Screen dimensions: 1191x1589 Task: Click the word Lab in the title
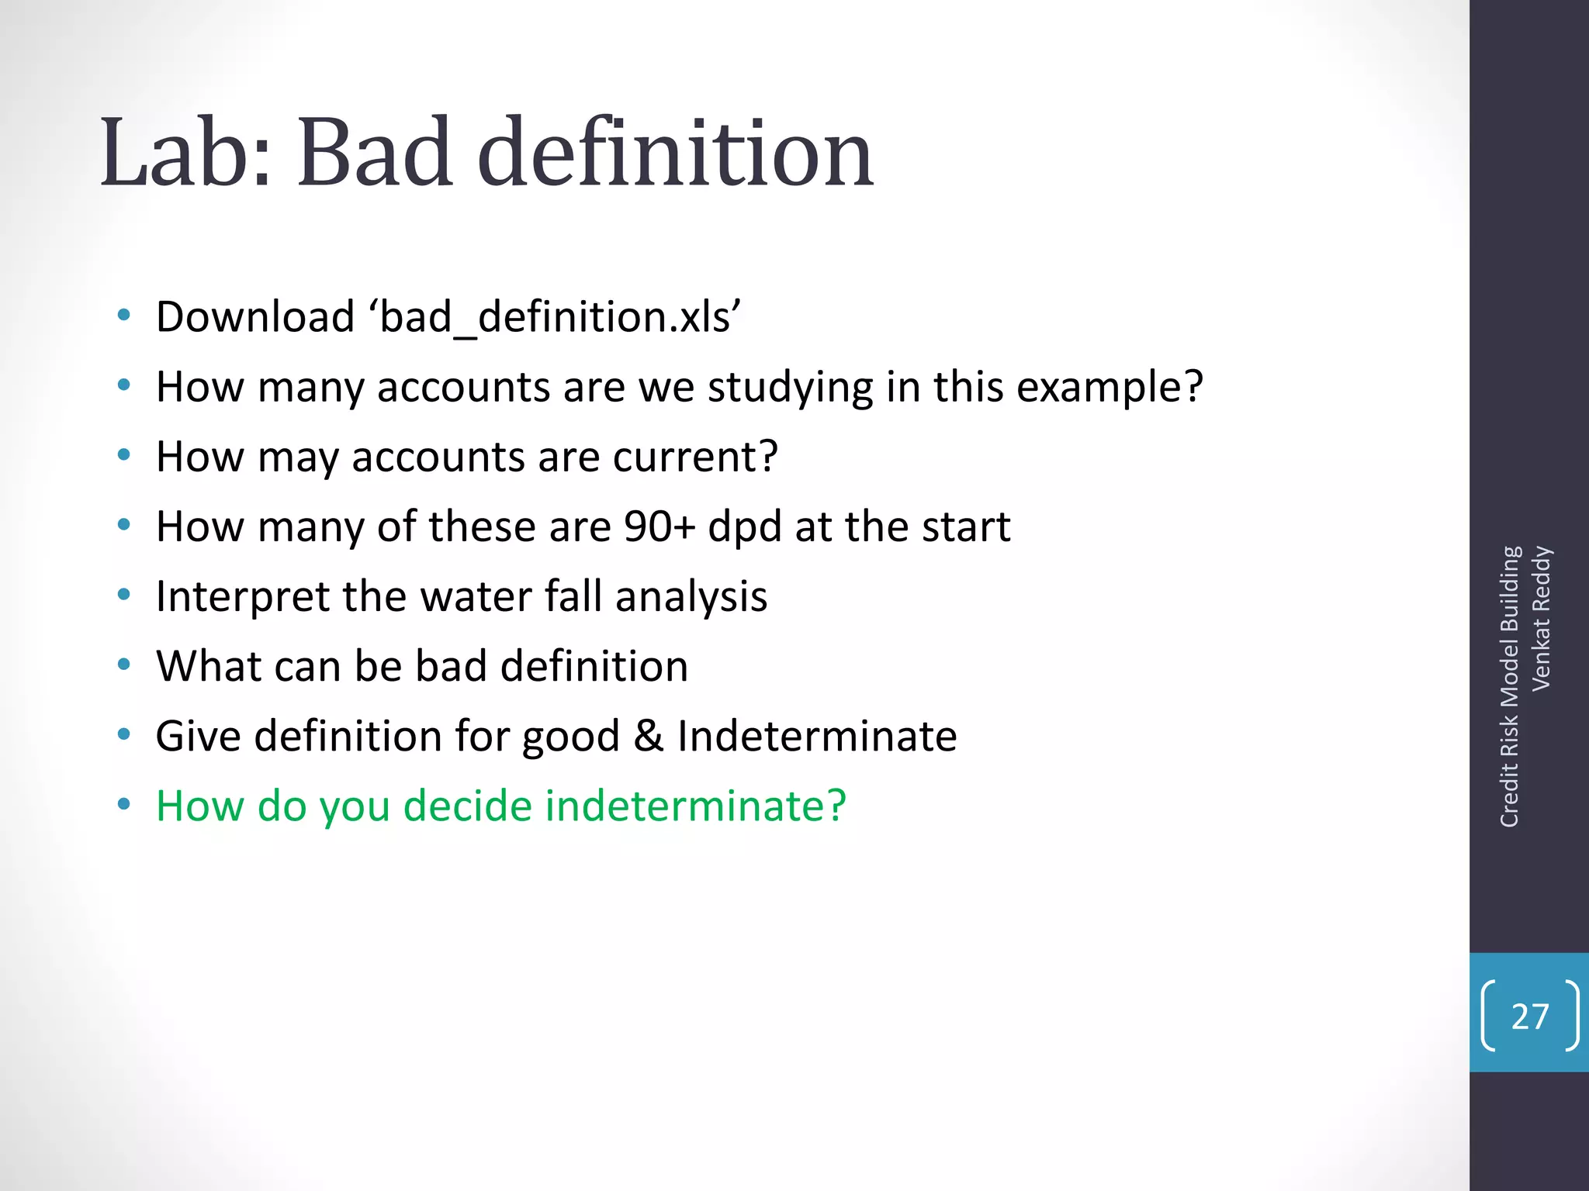tap(186, 152)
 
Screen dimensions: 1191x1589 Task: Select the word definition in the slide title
tap(675, 152)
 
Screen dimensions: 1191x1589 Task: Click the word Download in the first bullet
tap(255, 317)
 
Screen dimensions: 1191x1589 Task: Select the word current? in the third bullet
tap(695, 457)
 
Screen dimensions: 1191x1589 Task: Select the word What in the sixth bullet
tap(200, 666)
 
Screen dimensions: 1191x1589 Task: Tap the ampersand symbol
tap(648, 736)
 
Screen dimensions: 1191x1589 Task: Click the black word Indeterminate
tap(816, 736)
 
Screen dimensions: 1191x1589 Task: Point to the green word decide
tap(468, 806)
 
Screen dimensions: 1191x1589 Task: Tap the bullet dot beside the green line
tap(123, 805)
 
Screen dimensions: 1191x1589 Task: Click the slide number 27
tap(1529, 1016)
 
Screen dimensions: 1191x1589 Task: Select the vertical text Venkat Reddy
tap(1541, 618)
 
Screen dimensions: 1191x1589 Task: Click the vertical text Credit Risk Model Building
tap(1509, 686)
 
